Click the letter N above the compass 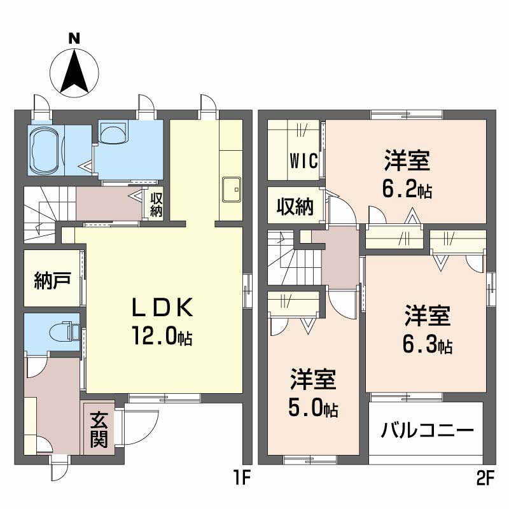click(x=74, y=39)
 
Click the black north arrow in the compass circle click(x=74, y=71)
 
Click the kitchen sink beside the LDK click(x=232, y=190)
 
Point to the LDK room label click(x=162, y=307)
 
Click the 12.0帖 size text click(x=162, y=336)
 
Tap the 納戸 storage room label click(x=53, y=281)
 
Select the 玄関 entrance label click(x=99, y=429)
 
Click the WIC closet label click(x=303, y=160)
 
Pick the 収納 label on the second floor click(x=295, y=206)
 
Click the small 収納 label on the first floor click(x=156, y=205)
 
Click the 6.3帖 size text click(x=427, y=344)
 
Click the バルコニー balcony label click(x=427, y=431)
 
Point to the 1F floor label click(x=241, y=478)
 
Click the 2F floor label click(x=485, y=478)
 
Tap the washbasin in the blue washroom click(x=113, y=133)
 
